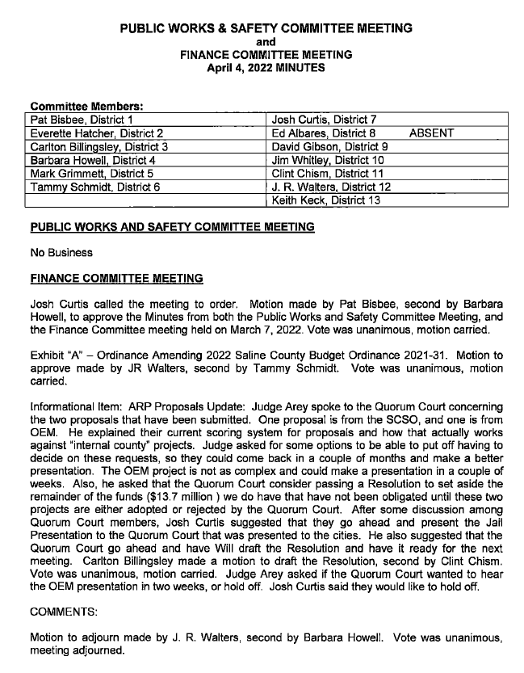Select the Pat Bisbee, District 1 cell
82,120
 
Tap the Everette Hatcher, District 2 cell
97,133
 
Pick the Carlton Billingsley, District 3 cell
99,146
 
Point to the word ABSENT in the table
431,133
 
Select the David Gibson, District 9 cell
330,146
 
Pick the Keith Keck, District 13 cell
326,200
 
